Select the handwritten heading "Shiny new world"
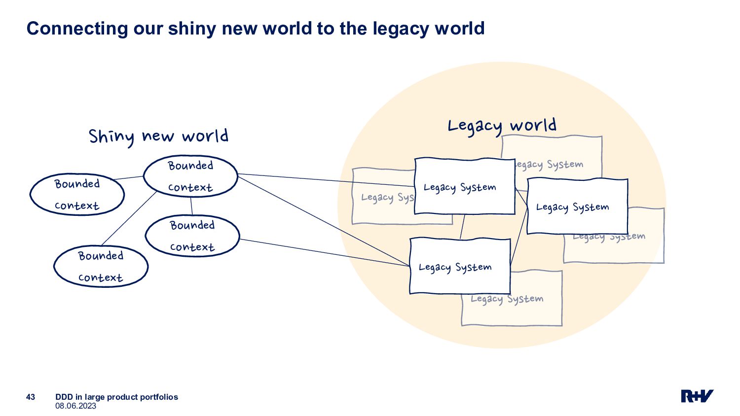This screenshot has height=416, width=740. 158,136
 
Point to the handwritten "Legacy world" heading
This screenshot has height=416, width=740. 502,126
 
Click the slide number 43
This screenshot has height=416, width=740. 31,397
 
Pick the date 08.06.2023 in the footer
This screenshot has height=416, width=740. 75,406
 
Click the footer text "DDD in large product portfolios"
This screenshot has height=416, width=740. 116,397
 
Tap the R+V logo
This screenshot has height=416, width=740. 697,396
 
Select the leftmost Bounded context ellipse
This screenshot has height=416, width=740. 77,194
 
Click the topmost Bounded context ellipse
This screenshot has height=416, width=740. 190,176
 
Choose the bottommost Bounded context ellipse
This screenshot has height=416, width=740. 101,266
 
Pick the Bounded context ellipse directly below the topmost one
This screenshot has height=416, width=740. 192,236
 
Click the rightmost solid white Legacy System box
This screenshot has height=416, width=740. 577,207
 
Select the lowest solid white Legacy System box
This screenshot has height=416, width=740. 460,267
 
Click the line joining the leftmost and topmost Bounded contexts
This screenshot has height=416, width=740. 128,178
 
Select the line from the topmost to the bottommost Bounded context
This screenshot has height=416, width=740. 128,218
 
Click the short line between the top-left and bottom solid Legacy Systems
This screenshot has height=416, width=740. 462,227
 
